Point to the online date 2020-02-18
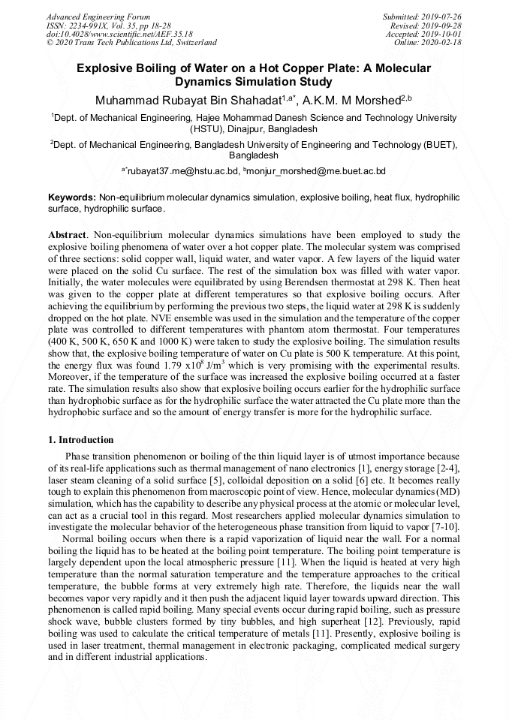click(444, 43)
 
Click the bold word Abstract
click(67, 236)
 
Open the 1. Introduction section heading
click(81, 440)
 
